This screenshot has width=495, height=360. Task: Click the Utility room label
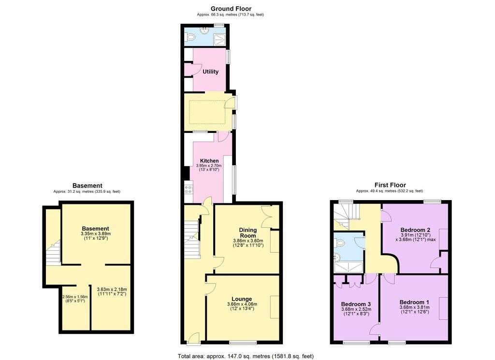(x=210, y=72)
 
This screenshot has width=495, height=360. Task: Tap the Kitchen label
(x=209, y=161)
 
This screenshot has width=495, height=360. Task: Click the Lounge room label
(x=242, y=299)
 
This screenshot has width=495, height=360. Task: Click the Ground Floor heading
(x=231, y=8)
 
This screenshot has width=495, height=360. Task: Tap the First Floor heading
(x=390, y=185)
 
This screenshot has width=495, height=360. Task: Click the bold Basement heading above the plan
(x=87, y=186)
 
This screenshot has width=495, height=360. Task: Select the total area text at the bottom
(x=246, y=356)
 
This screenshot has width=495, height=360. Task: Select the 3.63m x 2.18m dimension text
(x=112, y=291)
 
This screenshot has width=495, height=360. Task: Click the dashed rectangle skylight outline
(x=207, y=112)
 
